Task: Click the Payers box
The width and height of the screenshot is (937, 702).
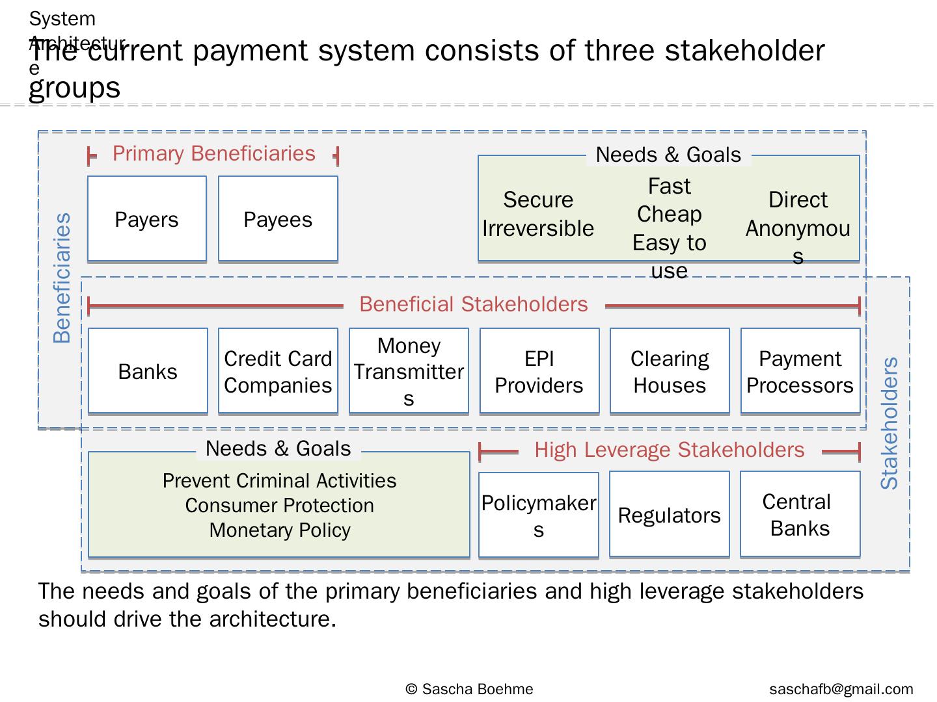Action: (147, 219)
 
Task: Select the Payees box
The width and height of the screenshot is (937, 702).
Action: (278, 219)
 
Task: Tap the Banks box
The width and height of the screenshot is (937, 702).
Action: (148, 371)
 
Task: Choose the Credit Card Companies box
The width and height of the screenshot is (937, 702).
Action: (278, 371)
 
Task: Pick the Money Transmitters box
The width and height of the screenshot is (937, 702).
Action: (409, 371)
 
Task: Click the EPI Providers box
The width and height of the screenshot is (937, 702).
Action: (539, 371)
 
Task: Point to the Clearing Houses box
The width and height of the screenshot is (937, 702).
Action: (670, 371)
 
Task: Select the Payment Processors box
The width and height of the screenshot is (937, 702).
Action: (800, 371)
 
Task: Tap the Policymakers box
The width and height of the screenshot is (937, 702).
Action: (539, 515)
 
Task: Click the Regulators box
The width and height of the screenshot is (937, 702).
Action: (670, 515)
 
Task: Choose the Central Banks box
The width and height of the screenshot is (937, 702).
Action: (800, 515)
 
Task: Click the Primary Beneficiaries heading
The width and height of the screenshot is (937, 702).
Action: (213, 153)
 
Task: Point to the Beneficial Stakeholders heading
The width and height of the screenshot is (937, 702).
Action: (473, 304)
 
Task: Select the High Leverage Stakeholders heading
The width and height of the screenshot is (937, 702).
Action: (669, 450)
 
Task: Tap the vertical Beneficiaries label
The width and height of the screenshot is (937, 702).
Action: (62, 278)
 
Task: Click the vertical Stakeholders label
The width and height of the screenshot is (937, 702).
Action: (889, 422)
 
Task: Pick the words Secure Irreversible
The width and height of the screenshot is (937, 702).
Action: (538, 214)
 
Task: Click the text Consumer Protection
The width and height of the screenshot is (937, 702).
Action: (279, 505)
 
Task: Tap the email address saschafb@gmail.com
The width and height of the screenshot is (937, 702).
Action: (841, 689)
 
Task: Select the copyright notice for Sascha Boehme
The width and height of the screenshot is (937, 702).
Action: (468, 689)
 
